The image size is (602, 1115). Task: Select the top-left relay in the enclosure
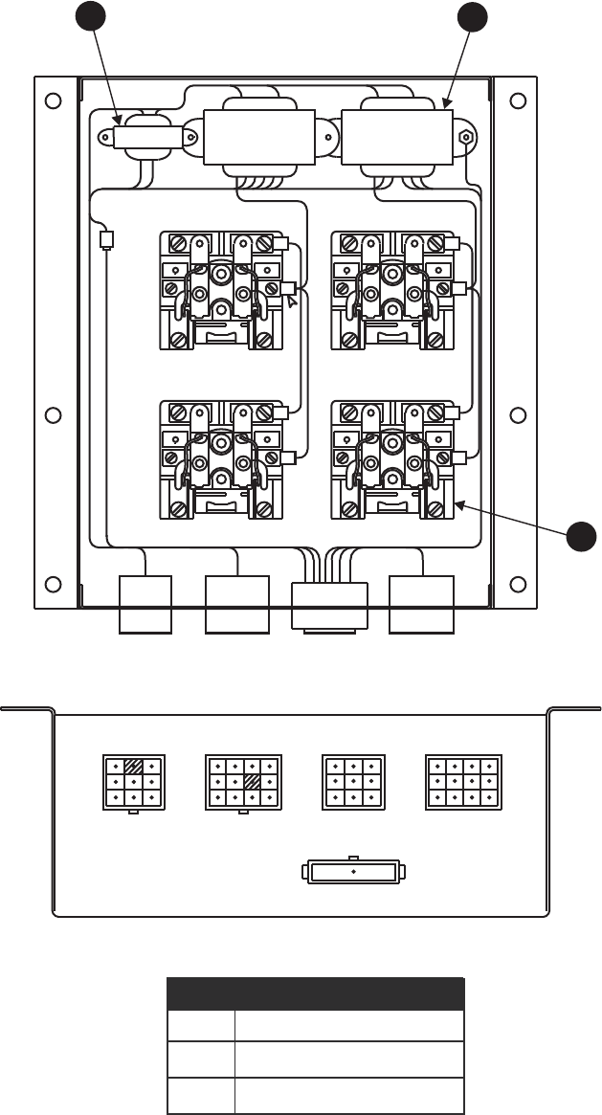(x=221, y=289)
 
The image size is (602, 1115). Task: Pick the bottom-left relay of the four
(x=221, y=460)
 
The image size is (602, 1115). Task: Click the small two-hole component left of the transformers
(x=147, y=138)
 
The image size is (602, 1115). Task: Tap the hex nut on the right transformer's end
(x=465, y=136)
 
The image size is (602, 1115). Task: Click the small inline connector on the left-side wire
(x=106, y=238)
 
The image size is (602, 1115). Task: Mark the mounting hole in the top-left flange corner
(x=54, y=100)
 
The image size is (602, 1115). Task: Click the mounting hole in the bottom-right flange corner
(x=518, y=584)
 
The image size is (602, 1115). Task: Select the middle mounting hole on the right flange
(x=518, y=414)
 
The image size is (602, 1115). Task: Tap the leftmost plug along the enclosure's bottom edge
(x=145, y=604)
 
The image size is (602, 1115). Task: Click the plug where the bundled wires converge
(x=328, y=605)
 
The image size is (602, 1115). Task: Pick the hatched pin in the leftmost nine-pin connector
(x=134, y=766)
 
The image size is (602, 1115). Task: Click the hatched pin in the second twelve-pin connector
(x=252, y=782)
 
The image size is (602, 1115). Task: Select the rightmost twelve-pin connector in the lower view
(x=462, y=782)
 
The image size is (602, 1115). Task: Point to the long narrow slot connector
(x=353, y=873)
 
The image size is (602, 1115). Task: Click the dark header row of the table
(x=316, y=993)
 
